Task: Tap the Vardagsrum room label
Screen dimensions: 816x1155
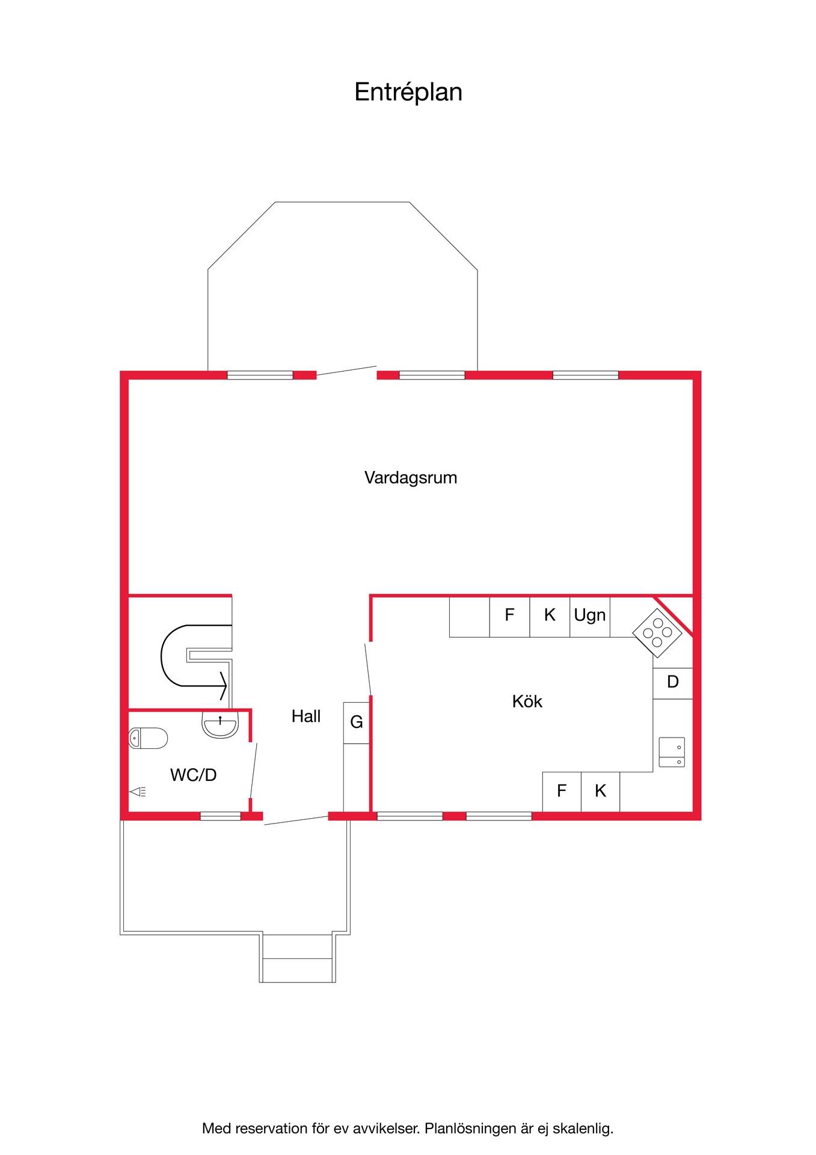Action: [x=411, y=478]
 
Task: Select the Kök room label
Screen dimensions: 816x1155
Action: [x=527, y=701]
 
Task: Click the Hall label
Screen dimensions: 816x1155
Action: [x=306, y=716]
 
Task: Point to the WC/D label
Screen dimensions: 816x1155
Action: [x=193, y=775]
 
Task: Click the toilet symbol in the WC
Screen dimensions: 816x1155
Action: [x=149, y=738]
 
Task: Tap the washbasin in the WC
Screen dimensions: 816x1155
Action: [x=221, y=724]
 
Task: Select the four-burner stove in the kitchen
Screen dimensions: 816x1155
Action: [x=657, y=633]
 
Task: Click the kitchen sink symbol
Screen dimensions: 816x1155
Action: [x=672, y=752]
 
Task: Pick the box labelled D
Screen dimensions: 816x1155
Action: [x=673, y=683]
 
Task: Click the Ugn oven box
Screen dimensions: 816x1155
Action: [x=590, y=617]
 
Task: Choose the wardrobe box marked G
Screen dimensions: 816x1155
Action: [x=357, y=722]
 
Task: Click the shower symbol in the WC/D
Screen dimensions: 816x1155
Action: [x=138, y=792]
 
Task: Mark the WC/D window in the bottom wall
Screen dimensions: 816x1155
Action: [x=220, y=816]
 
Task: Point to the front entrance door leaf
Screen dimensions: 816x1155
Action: [x=296, y=820]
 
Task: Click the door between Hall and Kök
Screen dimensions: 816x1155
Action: [x=368, y=670]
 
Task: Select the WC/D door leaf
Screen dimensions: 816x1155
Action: [x=254, y=771]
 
